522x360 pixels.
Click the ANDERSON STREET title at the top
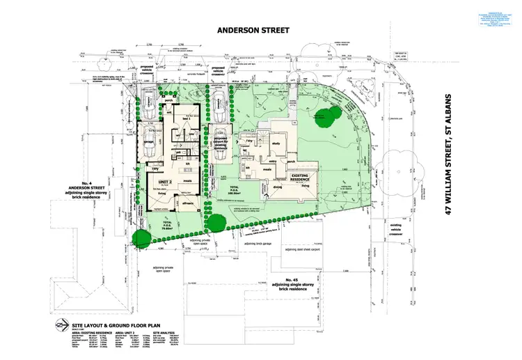click(260, 31)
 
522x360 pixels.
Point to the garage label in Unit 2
click(148, 144)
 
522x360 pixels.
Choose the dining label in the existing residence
click(278, 187)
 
